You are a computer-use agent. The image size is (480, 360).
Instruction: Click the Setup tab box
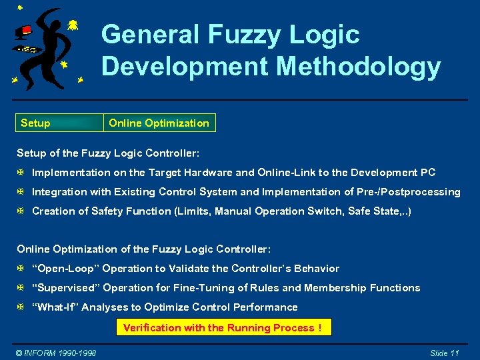click(59, 123)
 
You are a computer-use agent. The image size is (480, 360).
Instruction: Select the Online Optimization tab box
click(159, 123)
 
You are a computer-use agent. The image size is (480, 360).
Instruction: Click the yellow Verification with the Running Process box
click(223, 327)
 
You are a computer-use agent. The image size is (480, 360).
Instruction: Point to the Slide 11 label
click(444, 353)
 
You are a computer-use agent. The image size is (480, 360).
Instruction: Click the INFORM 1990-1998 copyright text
click(56, 353)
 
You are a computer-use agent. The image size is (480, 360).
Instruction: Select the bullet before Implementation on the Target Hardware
click(21, 173)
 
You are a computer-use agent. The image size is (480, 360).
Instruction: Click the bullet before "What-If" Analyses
click(21, 307)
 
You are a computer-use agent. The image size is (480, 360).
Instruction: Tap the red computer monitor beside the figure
click(25, 31)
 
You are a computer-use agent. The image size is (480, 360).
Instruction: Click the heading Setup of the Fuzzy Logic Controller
click(108, 153)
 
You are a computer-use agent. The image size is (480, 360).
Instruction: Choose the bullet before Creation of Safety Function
click(21, 211)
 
